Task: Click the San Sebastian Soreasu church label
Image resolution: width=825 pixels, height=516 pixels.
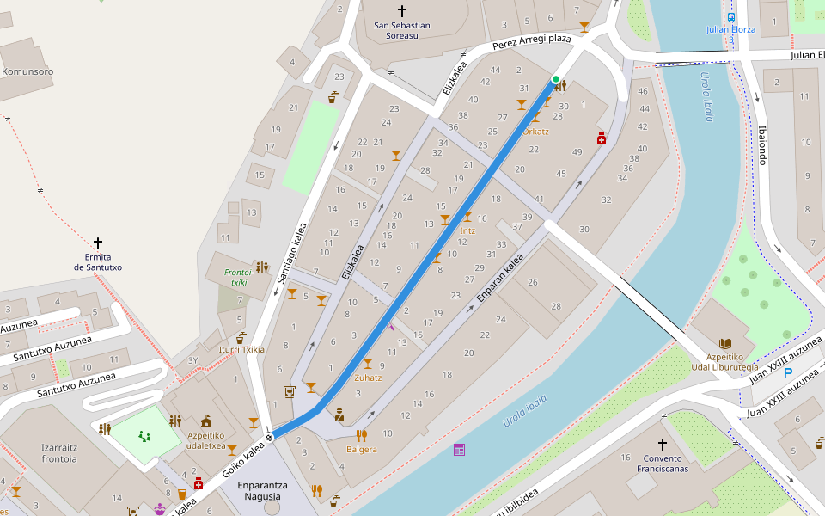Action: [402, 31]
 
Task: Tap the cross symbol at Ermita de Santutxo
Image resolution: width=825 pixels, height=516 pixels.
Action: [98, 243]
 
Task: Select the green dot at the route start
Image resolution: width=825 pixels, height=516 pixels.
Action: [556, 80]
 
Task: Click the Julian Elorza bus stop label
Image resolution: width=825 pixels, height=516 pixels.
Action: [730, 29]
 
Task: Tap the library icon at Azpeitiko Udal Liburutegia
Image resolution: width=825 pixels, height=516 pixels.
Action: [724, 342]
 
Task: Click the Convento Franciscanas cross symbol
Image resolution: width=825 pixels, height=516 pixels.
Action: [662, 445]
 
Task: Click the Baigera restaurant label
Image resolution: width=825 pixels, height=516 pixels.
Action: [362, 450]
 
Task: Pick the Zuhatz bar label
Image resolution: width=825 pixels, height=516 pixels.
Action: [368, 378]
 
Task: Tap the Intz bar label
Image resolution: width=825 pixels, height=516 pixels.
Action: [467, 230]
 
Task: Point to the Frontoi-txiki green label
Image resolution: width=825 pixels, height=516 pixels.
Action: [235, 277]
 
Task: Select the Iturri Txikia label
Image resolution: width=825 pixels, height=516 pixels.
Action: [241, 350]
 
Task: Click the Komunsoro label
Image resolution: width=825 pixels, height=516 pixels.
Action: [27, 72]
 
